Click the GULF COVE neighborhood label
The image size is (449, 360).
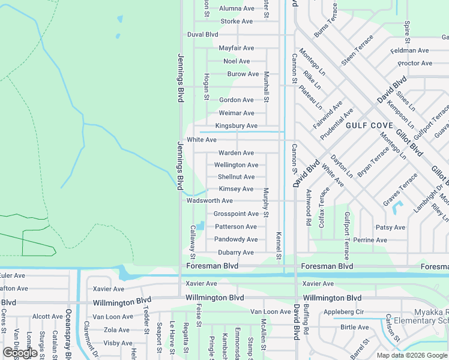[369, 125]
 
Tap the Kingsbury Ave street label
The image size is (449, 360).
[236, 126]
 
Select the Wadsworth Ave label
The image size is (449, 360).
[209, 201]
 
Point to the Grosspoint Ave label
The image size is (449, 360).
[236, 214]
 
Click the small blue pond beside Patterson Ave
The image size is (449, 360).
[200, 226]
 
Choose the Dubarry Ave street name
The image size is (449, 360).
[235, 253]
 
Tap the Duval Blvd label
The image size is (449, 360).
[202, 35]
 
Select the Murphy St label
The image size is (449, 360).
[266, 202]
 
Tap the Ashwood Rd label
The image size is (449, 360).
[309, 208]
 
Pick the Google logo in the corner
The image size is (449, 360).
[20, 353]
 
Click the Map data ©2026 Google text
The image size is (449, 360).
[411, 355]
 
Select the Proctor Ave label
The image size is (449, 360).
[415, 64]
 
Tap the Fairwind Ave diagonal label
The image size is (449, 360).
[328, 115]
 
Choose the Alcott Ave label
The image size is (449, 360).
[47, 317]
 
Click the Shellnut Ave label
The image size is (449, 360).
[236, 177]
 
